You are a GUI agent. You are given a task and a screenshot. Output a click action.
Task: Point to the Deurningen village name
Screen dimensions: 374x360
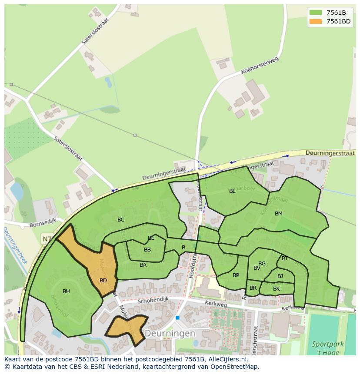pos(170,334)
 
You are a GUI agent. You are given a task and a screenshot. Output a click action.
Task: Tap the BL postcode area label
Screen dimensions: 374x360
pos(232,191)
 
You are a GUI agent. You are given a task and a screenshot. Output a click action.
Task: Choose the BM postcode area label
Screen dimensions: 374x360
pos(279,213)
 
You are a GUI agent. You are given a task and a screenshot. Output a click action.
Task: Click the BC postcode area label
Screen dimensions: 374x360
pos(121,219)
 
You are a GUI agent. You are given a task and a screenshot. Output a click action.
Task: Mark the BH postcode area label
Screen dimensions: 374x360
pos(66,291)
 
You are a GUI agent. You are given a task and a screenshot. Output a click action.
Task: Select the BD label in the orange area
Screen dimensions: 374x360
pos(103,280)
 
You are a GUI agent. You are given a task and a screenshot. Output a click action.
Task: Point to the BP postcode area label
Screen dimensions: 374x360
pos(236,275)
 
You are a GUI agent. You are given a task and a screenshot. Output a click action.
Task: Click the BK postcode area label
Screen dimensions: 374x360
pos(277,288)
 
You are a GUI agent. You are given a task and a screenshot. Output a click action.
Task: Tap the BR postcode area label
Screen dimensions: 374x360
pos(253,288)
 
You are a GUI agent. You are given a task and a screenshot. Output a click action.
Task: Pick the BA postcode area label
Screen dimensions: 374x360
pos(143,265)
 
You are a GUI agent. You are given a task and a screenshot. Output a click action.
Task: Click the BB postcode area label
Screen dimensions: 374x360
pos(147,249)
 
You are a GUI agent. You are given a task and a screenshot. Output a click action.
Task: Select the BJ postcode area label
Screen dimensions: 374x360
pos(280,276)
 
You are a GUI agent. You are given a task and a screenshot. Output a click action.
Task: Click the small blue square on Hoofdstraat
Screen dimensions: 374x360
pos(177,318)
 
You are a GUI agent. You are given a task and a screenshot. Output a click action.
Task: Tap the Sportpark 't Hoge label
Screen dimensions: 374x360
pos(328,348)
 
